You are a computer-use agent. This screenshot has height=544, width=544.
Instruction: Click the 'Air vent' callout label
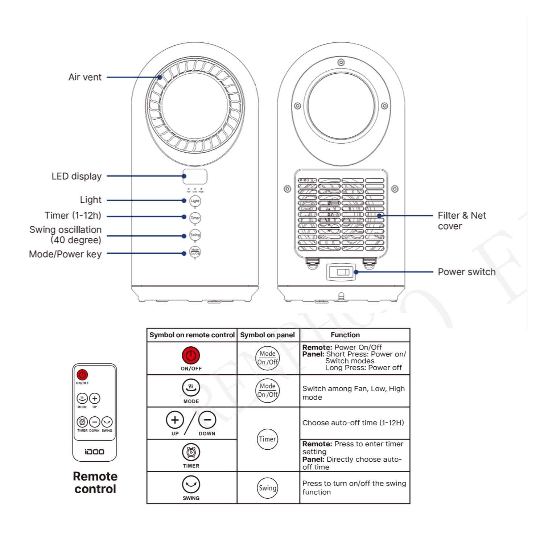[85, 77]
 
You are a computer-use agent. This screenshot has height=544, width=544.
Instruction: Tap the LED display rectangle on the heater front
[195, 177]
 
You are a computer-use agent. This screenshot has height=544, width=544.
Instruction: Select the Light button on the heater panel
[195, 201]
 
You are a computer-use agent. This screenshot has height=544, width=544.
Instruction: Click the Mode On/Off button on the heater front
[195, 252]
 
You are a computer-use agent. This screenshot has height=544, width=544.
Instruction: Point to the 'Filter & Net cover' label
[461, 221]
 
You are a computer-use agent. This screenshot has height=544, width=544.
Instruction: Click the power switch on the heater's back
[341, 272]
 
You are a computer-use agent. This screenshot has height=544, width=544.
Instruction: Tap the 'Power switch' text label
[466, 272]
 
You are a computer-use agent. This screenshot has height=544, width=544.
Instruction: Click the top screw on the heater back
[341, 62]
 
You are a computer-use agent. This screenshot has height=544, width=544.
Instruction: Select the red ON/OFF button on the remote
[82, 375]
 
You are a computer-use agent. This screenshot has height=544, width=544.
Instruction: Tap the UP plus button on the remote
[95, 399]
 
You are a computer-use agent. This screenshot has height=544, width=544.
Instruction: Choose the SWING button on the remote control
[107, 422]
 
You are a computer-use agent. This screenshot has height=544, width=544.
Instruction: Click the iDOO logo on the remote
[94, 452]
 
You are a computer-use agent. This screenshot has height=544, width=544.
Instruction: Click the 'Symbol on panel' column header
[268, 335]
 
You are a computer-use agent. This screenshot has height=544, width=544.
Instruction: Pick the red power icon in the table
[191, 355]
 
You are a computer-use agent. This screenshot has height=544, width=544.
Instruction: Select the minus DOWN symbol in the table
[207, 420]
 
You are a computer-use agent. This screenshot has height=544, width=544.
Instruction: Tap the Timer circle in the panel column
[268, 439]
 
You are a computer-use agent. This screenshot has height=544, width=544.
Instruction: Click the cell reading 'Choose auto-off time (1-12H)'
[353, 423]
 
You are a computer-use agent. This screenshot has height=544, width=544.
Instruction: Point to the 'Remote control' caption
[95, 483]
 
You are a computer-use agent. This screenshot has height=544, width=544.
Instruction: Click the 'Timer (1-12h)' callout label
[73, 215]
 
